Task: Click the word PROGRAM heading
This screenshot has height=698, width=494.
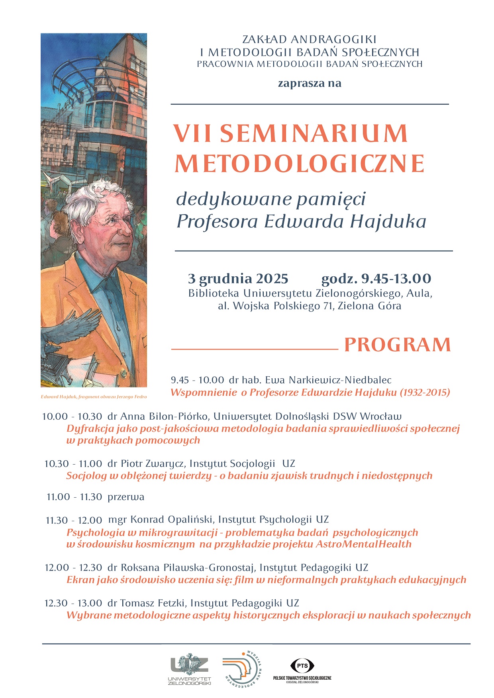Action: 397,345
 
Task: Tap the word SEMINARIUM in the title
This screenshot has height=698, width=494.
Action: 314,133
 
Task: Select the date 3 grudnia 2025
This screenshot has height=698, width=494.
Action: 238,279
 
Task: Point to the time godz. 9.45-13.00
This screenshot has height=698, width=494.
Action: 376,279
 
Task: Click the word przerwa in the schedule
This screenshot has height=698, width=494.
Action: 126,497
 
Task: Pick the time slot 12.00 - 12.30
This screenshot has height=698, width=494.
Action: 73,567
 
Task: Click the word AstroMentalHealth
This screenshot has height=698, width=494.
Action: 363,544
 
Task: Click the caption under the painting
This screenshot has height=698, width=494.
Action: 94,397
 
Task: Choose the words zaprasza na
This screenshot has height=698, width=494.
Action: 310,83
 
